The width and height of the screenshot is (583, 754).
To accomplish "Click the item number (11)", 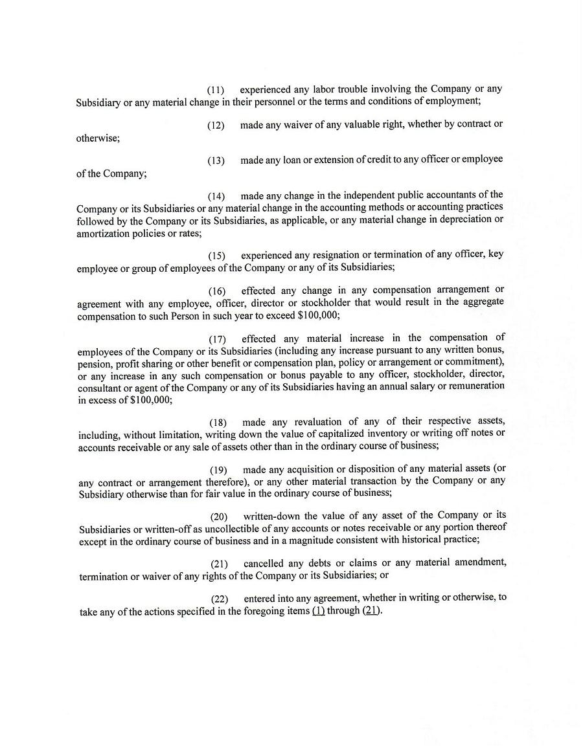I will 216,90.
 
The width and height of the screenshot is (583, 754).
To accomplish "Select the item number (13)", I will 216,161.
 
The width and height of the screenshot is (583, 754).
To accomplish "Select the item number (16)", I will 217,291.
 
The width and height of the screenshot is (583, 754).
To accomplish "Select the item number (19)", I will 218,469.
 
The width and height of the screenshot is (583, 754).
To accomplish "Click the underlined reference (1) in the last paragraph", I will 318,611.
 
